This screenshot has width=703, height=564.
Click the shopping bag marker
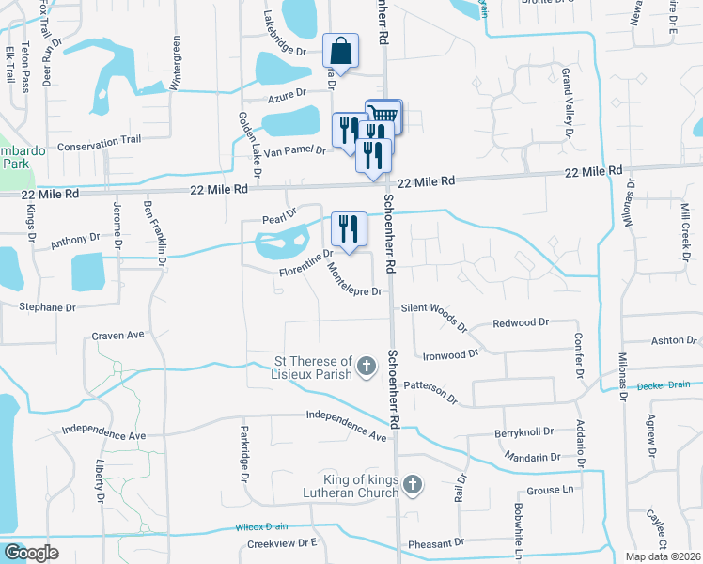340,52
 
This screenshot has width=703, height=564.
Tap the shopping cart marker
385,116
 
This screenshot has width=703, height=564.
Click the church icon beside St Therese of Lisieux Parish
367,364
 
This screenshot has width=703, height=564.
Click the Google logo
31,553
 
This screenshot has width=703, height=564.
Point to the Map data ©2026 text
663,556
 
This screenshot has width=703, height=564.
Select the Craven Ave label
117,335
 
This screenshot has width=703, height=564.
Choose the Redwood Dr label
521,322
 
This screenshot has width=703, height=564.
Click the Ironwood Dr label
451,355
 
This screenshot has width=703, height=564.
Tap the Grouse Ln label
553,490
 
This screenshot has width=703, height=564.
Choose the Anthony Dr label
74,241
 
